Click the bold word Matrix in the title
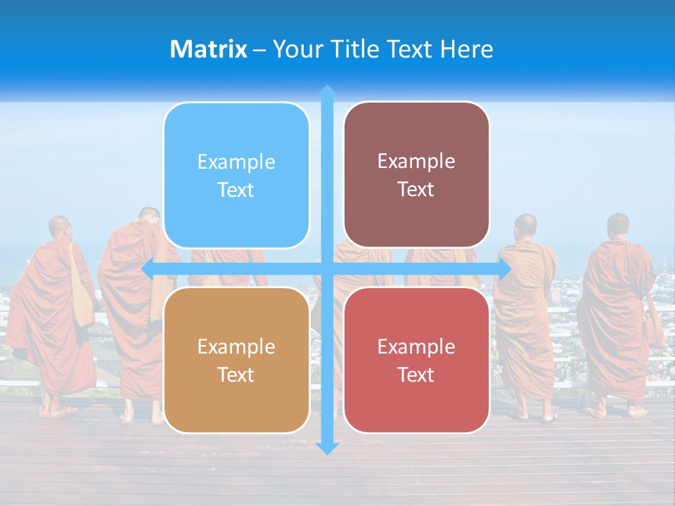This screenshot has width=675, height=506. (x=208, y=49)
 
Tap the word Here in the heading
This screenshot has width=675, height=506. (x=467, y=49)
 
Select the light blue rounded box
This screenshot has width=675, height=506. (x=236, y=175)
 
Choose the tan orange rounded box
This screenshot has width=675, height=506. (x=236, y=360)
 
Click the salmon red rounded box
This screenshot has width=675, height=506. (x=416, y=360)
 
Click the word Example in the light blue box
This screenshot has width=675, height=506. (x=236, y=162)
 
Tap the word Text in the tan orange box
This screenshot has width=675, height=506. (x=236, y=375)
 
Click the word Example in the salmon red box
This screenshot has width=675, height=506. (x=416, y=346)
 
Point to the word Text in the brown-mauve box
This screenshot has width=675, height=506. (x=416, y=190)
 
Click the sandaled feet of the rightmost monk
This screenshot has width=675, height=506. (x=617, y=412)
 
